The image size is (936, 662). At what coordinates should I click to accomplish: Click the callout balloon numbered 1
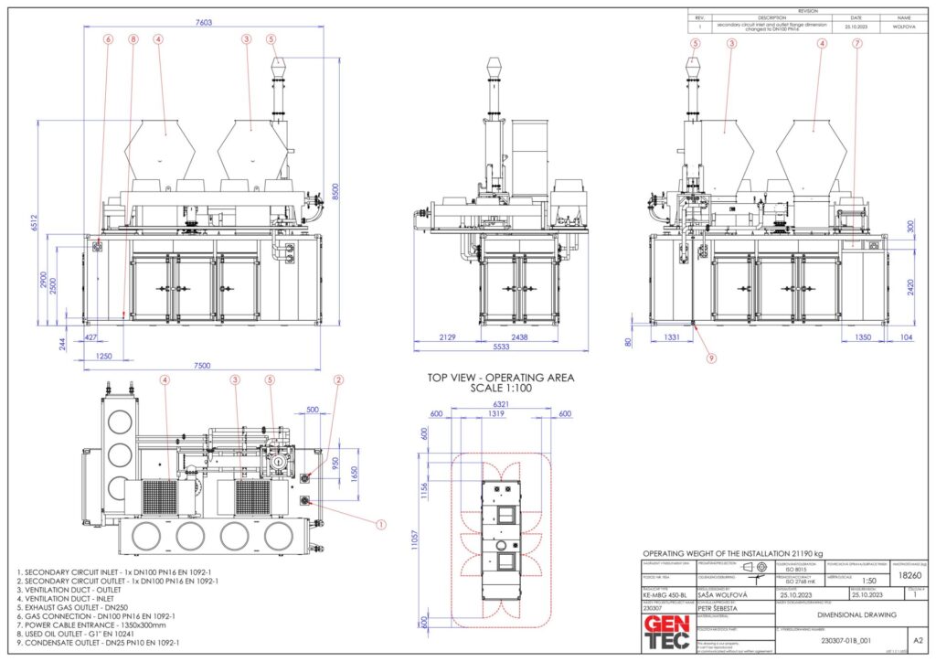point(381,524)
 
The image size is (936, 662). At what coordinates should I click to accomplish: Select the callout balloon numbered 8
point(133,39)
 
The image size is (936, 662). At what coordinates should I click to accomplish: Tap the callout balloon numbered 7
point(856,43)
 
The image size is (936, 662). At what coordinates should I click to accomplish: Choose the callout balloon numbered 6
point(108,39)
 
